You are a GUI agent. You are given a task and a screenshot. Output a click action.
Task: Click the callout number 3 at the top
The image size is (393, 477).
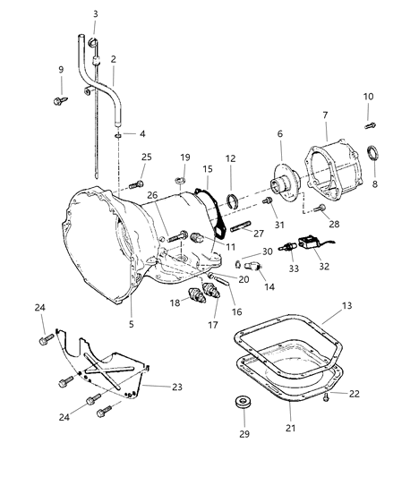coord(96,13)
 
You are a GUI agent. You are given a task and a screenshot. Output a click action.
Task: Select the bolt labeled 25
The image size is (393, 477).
coord(135,184)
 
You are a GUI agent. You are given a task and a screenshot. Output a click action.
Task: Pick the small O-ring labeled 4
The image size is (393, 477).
coord(118,136)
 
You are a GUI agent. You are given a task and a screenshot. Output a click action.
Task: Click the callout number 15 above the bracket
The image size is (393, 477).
coord(208,169)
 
